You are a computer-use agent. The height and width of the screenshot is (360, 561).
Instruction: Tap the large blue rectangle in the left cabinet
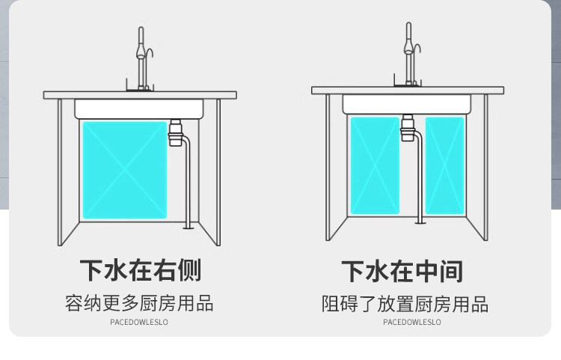click(x=124, y=170)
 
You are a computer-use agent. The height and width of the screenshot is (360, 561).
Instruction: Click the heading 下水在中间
click(x=402, y=271)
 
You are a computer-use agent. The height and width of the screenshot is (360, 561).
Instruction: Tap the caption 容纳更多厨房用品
click(x=139, y=303)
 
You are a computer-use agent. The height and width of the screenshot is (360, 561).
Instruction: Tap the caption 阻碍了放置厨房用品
click(x=405, y=304)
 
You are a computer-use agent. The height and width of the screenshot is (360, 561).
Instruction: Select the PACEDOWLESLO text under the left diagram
click(x=139, y=323)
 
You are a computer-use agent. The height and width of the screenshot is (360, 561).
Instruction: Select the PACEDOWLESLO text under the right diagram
click(x=412, y=323)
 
